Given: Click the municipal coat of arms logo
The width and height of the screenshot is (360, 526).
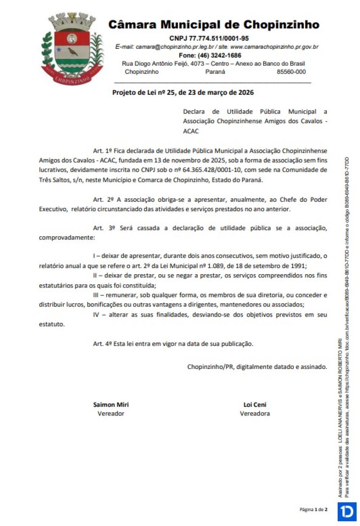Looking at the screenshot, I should [x=72, y=48].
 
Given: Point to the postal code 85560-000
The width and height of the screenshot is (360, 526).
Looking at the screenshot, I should [x=291, y=72].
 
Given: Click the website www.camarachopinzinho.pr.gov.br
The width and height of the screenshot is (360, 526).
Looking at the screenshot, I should [x=274, y=47].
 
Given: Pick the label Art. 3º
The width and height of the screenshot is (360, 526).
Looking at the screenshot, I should [x=104, y=228].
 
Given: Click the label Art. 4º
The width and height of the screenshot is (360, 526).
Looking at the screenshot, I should [x=103, y=344].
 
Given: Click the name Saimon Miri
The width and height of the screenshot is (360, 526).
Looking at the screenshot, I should [x=111, y=405].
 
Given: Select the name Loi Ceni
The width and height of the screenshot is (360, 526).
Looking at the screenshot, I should [x=255, y=405].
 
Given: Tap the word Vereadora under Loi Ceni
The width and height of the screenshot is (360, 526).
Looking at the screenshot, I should [x=255, y=414].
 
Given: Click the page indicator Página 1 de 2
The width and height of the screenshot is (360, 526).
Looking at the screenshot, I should [x=313, y=509].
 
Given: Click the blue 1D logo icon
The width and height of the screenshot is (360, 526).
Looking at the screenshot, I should [x=347, y=512].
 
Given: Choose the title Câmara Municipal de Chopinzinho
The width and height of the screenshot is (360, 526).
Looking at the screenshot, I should [x=214, y=25].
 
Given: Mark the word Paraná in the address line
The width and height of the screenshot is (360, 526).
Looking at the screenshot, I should [x=215, y=72].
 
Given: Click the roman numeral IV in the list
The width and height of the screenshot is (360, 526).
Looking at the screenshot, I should [x=96, y=315].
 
